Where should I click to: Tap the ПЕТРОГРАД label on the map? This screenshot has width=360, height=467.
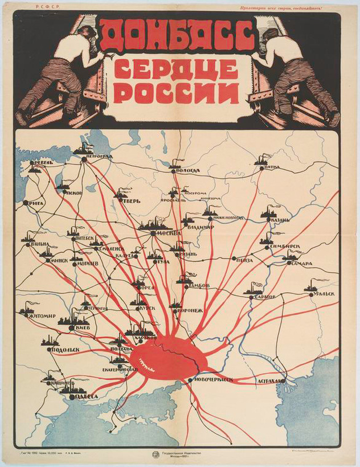[x=99, y=156]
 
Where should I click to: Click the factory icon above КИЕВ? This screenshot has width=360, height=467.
[x=68, y=322]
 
